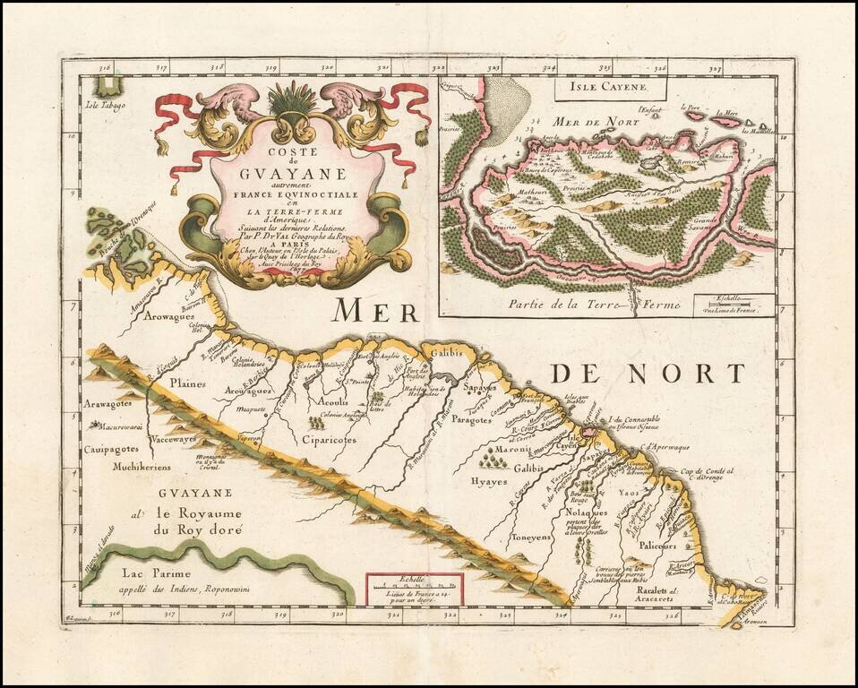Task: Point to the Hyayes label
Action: point(489,481)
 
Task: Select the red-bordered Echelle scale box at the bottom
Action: point(414,590)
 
